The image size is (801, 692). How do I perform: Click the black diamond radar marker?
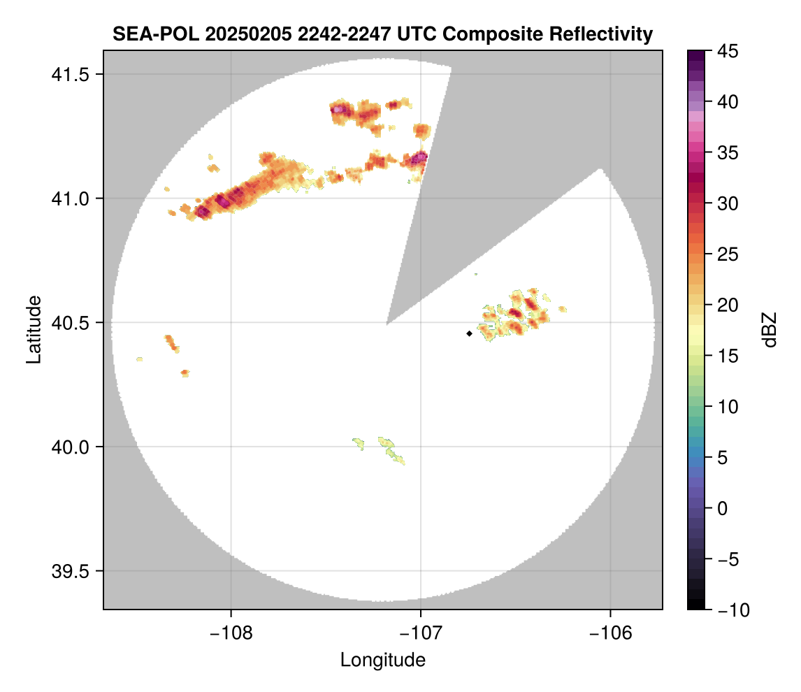click(469, 333)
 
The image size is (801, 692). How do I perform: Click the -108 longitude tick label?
click(231, 633)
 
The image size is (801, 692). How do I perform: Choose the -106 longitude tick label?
click(611, 633)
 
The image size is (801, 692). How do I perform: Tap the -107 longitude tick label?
click(421, 633)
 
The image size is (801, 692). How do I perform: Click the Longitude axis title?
click(382, 659)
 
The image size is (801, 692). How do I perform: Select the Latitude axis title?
click(34, 329)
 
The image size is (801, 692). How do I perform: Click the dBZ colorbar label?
click(770, 329)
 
